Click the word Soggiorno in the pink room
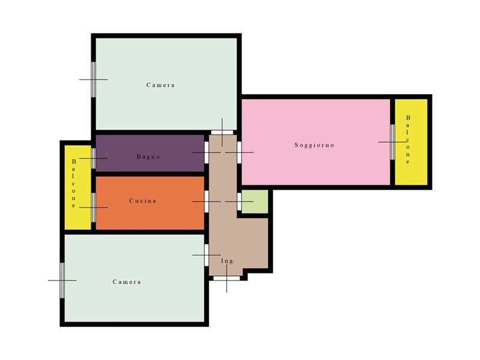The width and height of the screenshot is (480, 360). coord(314,145)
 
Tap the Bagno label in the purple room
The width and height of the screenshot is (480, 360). coord(148,157)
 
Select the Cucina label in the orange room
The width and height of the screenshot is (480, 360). coord(143,201)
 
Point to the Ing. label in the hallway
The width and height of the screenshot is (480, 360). coord(227,261)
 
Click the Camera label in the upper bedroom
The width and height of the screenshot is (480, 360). coord(160,85)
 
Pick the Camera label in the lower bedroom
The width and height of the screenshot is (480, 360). coord(127,282)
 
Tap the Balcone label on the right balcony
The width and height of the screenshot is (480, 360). coord(408,140)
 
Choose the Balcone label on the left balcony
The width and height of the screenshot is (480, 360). coord(74,184)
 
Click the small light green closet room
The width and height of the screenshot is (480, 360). coord(254,202)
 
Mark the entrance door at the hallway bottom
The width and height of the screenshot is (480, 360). coord(227,278)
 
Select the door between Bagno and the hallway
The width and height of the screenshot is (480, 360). coord(206,152)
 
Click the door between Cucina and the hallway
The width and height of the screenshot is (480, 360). coord(206,202)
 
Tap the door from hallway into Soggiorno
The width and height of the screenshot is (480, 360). coord(239,152)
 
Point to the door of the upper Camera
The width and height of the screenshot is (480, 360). coord(222,133)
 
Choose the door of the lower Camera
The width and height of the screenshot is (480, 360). coord(206,254)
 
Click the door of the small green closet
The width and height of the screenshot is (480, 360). coord(239,202)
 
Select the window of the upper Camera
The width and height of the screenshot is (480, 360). coord(94,80)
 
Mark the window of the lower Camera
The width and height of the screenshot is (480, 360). coord(62,280)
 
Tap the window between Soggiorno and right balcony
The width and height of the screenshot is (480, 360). coord(392,142)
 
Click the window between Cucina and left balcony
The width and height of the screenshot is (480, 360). coord(94,207)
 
